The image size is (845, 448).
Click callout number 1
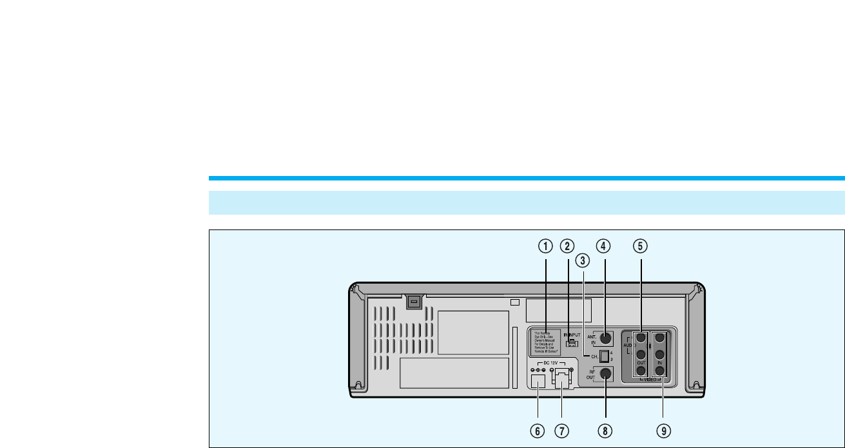point(546,246)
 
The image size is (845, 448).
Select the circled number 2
point(567,246)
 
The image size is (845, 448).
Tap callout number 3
point(583,261)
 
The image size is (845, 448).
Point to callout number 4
point(605,246)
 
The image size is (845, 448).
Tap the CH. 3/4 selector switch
point(604,356)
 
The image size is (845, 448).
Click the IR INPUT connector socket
point(570,343)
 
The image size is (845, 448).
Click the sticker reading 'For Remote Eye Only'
point(545,342)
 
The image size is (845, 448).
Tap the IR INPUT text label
point(572,335)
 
